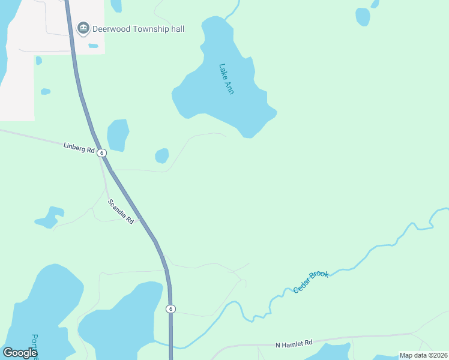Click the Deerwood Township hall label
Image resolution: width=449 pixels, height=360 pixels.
138,29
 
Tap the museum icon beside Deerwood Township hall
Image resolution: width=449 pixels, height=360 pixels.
83,28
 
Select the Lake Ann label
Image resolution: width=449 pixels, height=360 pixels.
226,79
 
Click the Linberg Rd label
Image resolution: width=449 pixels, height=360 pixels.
79,147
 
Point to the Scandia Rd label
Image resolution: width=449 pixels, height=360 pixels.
121,212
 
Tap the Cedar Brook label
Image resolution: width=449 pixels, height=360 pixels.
311,281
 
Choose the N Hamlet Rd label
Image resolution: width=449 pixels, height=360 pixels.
294,344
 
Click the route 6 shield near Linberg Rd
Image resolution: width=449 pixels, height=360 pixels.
102,153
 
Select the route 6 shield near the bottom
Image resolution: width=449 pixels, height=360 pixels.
171,308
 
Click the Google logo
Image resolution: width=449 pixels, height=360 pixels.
20,353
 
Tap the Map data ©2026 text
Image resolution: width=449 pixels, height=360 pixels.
423,355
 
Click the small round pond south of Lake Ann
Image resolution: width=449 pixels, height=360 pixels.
161,156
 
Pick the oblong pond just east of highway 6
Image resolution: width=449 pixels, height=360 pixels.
118,134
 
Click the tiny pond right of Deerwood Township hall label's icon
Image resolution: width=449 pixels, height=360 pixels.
93,46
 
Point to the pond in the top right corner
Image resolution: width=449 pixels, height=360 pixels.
363,17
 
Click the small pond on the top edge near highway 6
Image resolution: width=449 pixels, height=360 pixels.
116,5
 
